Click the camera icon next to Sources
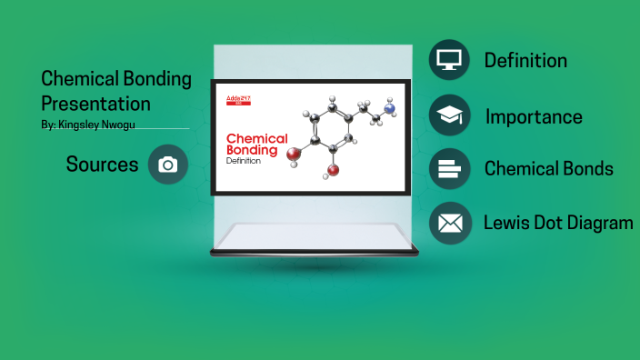coord(167,165)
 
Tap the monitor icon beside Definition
coord(449,61)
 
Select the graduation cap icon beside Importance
coord(449,115)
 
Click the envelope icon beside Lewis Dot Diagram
coord(449,223)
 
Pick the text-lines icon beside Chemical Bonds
coord(449,169)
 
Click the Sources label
coord(102,165)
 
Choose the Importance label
coord(534,116)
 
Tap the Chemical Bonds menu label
coord(548,169)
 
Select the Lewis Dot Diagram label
coord(558,223)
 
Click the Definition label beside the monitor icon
coord(525,61)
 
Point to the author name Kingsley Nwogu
coord(96,125)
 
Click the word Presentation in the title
coord(95,103)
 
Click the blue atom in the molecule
coord(391,109)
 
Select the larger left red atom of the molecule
coord(293,155)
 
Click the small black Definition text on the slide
coord(243,162)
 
